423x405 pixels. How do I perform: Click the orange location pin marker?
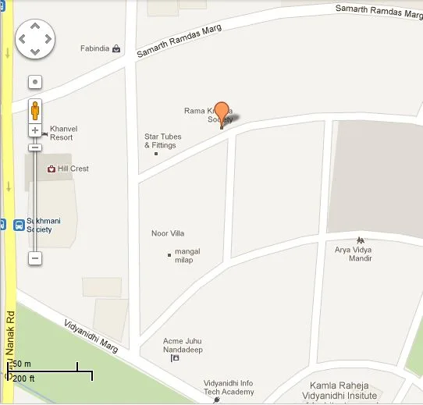tap(222, 114)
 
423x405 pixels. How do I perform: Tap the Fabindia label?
tap(95, 48)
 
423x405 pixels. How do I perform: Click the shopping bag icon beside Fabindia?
tap(116, 48)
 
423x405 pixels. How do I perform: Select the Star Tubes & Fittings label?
tap(163, 140)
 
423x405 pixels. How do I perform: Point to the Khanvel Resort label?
tap(62, 133)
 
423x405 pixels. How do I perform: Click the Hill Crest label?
tap(73, 169)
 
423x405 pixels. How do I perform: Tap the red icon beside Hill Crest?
tap(52, 169)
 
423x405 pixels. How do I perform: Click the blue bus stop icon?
tap(20, 225)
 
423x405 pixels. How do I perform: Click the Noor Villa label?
tap(168, 233)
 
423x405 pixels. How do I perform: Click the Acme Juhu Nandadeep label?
tap(183, 345)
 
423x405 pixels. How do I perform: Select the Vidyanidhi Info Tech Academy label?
tap(229, 387)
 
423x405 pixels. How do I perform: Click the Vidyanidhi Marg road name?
tap(92, 336)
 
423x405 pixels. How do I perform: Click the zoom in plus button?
tap(35, 130)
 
